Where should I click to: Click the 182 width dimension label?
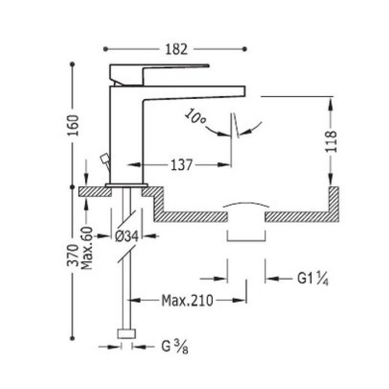click(x=176, y=49)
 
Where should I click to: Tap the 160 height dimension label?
click(x=74, y=127)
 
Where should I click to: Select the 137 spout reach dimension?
click(x=181, y=164)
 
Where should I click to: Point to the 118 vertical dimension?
click(x=332, y=142)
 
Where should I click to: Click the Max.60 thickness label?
click(x=87, y=248)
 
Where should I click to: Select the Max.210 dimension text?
click(x=187, y=301)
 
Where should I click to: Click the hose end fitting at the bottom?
click(x=126, y=334)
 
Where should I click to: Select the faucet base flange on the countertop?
click(x=127, y=184)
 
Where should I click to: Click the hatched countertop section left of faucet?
click(x=94, y=192)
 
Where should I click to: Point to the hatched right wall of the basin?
click(x=334, y=203)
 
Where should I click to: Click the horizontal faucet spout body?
click(x=194, y=92)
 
